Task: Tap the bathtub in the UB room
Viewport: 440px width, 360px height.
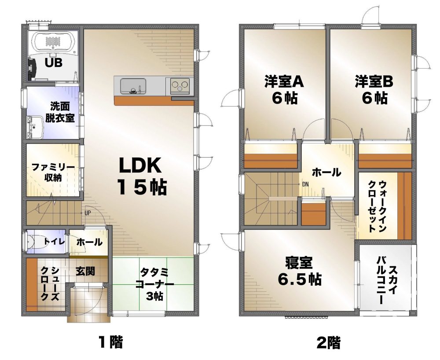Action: (x=52, y=42)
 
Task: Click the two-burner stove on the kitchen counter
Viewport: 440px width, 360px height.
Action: (x=180, y=85)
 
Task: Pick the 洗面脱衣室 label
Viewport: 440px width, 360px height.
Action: (x=61, y=112)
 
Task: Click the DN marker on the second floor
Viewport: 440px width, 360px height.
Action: (x=305, y=184)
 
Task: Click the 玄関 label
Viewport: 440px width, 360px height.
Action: (x=85, y=271)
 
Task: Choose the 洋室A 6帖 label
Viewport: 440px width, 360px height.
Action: (x=284, y=89)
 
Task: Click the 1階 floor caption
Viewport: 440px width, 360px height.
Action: (x=110, y=342)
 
